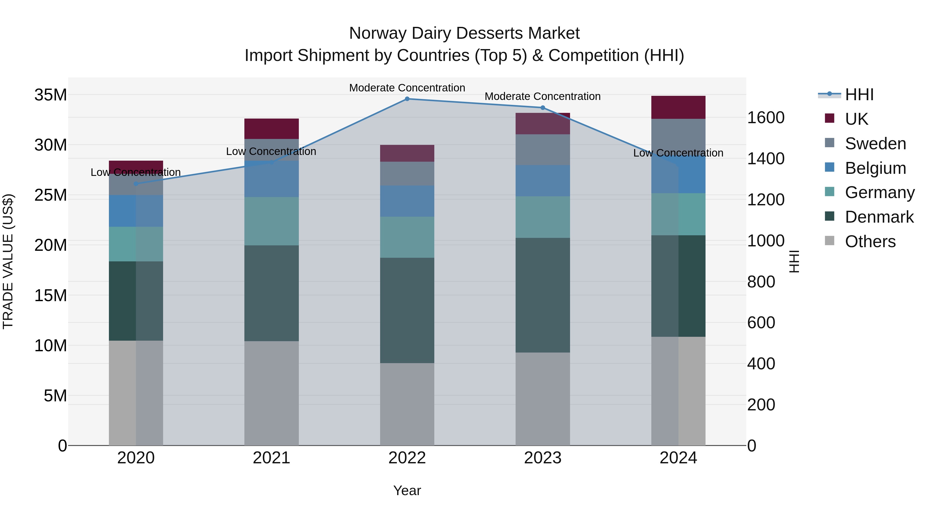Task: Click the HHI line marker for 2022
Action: [x=407, y=99]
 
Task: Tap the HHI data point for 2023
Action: [x=542, y=107]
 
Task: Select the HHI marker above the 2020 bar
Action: [x=136, y=184]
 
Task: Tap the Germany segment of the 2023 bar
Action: [x=542, y=217]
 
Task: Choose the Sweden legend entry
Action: [x=875, y=144]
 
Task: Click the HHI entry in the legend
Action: [x=859, y=95]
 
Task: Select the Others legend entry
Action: [x=870, y=241]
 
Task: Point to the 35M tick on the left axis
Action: [x=51, y=95]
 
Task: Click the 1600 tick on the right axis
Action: [x=766, y=118]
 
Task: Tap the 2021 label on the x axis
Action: [x=271, y=458]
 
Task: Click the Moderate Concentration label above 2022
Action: [x=407, y=88]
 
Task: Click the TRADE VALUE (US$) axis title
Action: [x=8, y=261]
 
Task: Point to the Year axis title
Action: [x=407, y=490]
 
